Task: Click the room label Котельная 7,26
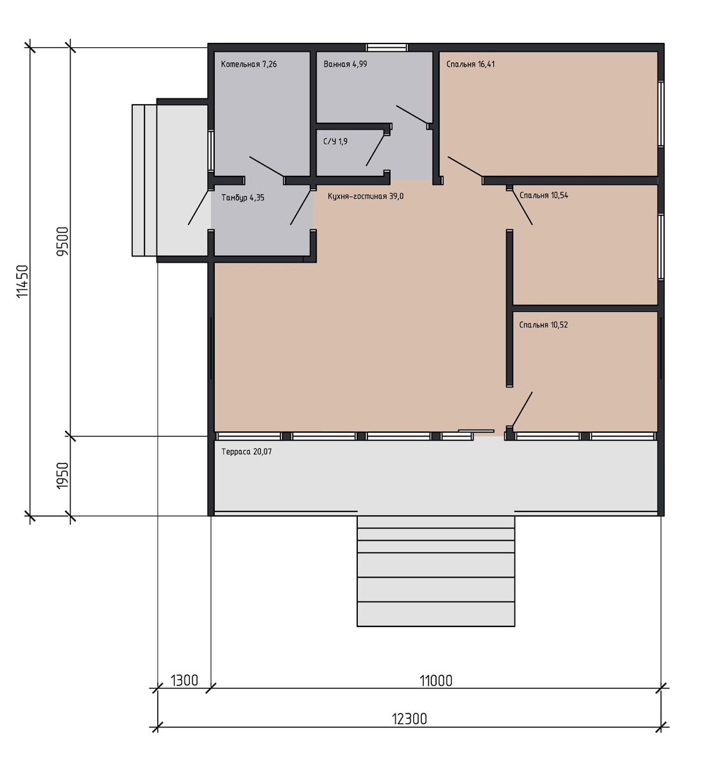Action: pos(249,64)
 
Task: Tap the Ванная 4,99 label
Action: pos(345,64)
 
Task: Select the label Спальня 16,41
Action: pos(470,64)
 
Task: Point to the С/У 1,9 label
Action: pos(336,141)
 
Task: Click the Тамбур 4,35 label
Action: pos(243,198)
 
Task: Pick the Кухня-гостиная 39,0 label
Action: pos(366,196)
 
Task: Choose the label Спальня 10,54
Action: pos(544,196)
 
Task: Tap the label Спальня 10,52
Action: pos(543,325)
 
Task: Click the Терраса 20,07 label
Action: pos(246,452)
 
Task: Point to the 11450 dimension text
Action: pos(23,281)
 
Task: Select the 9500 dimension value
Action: pos(63,242)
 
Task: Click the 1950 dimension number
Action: pos(63,476)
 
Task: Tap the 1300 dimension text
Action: pos(184,681)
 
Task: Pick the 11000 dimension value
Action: pos(436,681)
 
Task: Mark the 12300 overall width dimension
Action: pos(410,719)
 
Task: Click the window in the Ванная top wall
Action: pos(387,47)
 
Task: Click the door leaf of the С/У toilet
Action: pos(375,150)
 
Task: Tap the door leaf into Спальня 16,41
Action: pos(465,167)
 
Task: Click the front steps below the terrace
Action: pos(436,571)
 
